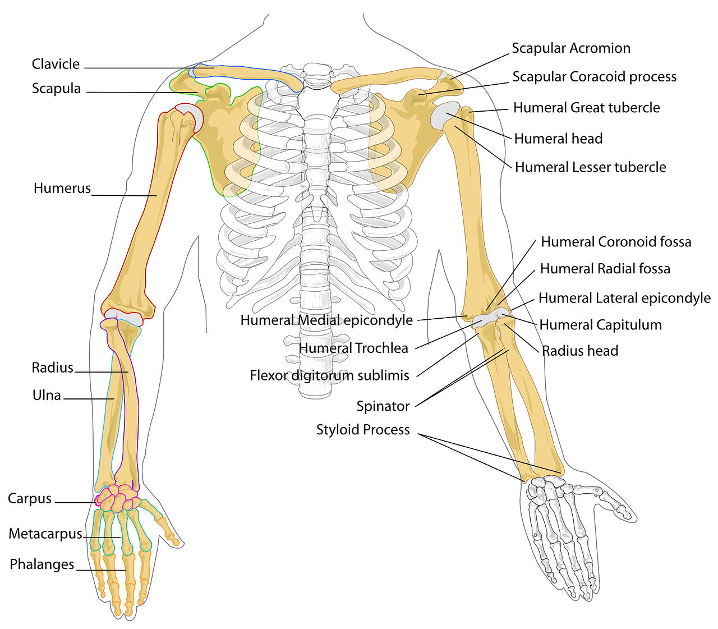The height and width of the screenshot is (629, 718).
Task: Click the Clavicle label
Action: (x=56, y=64)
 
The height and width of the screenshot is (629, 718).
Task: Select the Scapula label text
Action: (x=56, y=89)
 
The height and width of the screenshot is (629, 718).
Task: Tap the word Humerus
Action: (x=62, y=188)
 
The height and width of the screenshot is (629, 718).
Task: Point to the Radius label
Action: (x=52, y=368)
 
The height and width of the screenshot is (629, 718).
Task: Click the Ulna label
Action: (x=47, y=396)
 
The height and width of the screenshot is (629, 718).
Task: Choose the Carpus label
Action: (x=29, y=499)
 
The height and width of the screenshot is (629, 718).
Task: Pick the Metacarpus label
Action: (x=45, y=534)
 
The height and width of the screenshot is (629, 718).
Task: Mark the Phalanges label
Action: (x=42, y=564)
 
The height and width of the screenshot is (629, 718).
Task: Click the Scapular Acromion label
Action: (x=571, y=48)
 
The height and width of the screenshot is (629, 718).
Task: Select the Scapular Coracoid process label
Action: (x=595, y=77)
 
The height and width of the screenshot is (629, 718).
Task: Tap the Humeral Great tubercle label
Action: (x=587, y=108)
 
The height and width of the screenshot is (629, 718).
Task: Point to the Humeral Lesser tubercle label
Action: (x=591, y=167)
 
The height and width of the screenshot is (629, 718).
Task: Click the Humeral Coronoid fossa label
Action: (x=616, y=242)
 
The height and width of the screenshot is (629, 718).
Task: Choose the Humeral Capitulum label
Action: (x=601, y=325)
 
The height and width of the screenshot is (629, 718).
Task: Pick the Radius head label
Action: (x=580, y=351)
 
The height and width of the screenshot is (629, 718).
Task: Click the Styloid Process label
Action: (x=363, y=430)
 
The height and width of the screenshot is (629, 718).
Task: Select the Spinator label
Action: (x=383, y=406)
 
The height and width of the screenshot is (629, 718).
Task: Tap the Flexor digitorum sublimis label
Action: (x=329, y=375)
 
